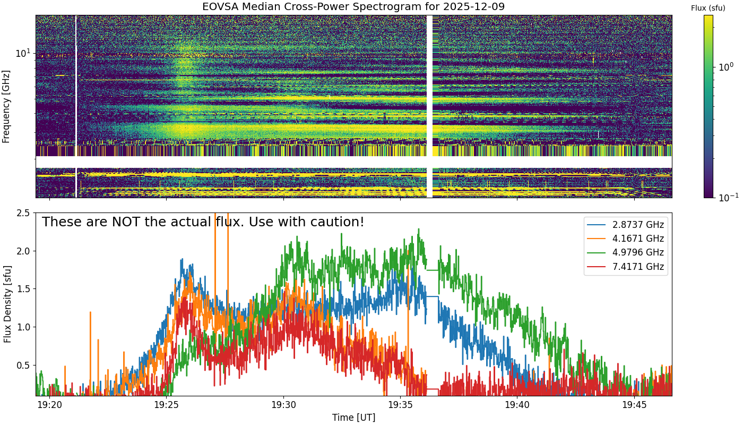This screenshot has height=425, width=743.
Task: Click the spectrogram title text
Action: [x=353, y=7]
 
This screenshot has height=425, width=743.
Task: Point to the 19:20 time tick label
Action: [x=49, y=405]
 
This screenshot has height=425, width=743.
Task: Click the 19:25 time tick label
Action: [x=167, y=405]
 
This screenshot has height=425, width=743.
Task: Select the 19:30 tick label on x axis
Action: [x=283, y=405]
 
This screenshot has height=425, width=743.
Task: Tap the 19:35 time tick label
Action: [x=401, y=405]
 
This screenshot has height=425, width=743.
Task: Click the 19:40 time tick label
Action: [x=517, y=405]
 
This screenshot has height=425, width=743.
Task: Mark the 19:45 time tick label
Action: [x=635, y=405]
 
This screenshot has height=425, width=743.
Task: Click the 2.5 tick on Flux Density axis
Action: [x=23, y=213]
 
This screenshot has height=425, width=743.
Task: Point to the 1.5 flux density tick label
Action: [x=23, y=289]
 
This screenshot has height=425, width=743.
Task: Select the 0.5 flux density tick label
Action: [x=23, y=365]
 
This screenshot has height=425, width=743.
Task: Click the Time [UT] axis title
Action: [x=353, y=417]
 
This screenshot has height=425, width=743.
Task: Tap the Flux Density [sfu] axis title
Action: [x=7, y=304]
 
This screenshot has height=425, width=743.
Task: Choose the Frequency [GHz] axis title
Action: [x=7, y=106]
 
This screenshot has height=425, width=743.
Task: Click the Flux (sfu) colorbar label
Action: [x=708, y=8]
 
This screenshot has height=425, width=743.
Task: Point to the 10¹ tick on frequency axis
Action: [x=24, y=53]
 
